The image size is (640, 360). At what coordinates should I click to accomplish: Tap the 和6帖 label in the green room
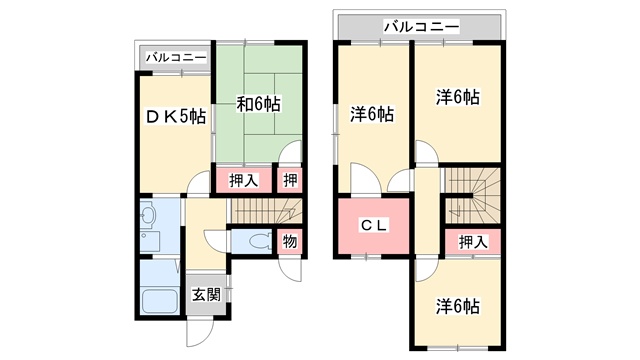click(258, 103)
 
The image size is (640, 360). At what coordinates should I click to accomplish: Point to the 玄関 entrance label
click(207, 295)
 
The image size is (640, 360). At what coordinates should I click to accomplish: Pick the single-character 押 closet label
click(288, 181)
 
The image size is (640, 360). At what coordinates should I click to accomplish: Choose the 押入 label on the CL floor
click(473, 241)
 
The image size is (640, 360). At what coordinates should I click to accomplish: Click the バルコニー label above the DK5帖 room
click(176, 58)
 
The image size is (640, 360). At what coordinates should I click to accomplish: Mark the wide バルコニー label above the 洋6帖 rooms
click(419, 25)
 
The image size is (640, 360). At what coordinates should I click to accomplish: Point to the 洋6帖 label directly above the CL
click(371, 114)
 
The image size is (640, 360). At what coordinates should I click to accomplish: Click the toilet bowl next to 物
click(257, 241)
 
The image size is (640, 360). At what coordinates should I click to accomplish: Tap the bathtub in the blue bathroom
click(159, 301)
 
